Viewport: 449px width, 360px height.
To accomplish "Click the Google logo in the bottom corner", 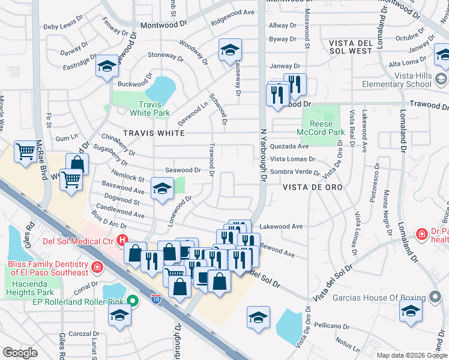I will point(20,353).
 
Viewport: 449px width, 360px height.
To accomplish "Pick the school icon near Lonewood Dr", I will point(161,190).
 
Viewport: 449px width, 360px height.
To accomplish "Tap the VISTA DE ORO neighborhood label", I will point(312,187).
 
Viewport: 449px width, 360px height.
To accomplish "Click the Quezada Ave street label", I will point(289,146).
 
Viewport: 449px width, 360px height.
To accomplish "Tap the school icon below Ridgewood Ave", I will point(229,52).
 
